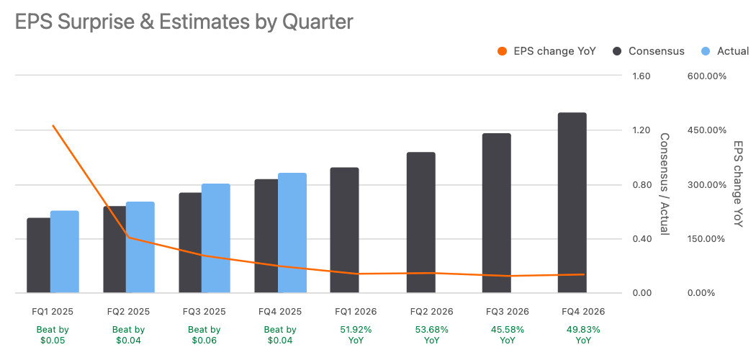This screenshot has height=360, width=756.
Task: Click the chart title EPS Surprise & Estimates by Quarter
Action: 184,22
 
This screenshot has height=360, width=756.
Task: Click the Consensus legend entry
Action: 648,51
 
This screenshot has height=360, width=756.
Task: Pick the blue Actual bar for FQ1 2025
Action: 65,252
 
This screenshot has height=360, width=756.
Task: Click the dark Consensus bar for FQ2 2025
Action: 114,249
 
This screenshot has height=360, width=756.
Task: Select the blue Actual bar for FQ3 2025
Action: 216,238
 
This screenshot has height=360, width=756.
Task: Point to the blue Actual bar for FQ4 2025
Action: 292,233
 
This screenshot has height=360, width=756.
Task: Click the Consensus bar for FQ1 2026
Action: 344,230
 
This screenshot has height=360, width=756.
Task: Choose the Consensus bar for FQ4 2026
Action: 572,203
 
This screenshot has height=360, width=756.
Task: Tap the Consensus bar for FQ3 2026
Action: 496,213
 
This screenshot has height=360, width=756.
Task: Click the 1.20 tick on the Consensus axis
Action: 641,130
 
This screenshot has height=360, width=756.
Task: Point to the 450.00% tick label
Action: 706,130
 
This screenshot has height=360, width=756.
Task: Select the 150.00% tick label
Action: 706,239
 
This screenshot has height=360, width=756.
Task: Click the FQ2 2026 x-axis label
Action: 432,312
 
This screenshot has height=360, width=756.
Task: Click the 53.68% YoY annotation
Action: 432,335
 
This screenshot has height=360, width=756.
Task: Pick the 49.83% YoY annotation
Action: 583,335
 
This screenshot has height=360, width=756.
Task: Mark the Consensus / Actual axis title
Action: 665,184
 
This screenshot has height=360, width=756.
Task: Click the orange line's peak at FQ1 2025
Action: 53,125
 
